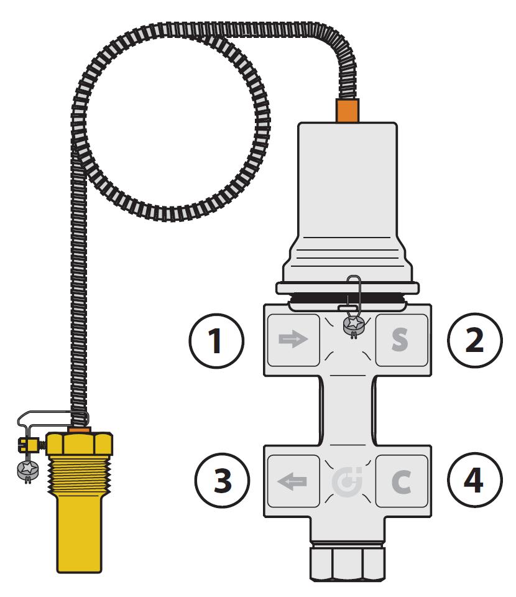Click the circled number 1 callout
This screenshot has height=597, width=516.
(x=216, y=340)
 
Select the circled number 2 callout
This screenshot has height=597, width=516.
(x=474, y=340)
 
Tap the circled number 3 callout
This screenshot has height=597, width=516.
(x=222, y=479)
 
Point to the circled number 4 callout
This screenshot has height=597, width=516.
(x=474, y=479)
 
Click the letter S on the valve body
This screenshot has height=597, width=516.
(x=400, y=340)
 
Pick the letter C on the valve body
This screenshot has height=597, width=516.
(x=401, y=481)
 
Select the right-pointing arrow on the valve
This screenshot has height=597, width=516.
(x=293, y=338)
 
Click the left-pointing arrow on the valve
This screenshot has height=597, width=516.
(x=292, y=482)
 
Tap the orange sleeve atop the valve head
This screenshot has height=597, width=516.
(x=347, y=111)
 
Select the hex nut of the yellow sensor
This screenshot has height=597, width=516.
(x=80, y=444)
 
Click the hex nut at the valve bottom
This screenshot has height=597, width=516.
(x=347, y=563)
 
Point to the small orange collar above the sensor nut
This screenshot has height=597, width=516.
(x=80, y=430)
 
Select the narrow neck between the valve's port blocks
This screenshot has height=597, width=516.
(x=347, y=410)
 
